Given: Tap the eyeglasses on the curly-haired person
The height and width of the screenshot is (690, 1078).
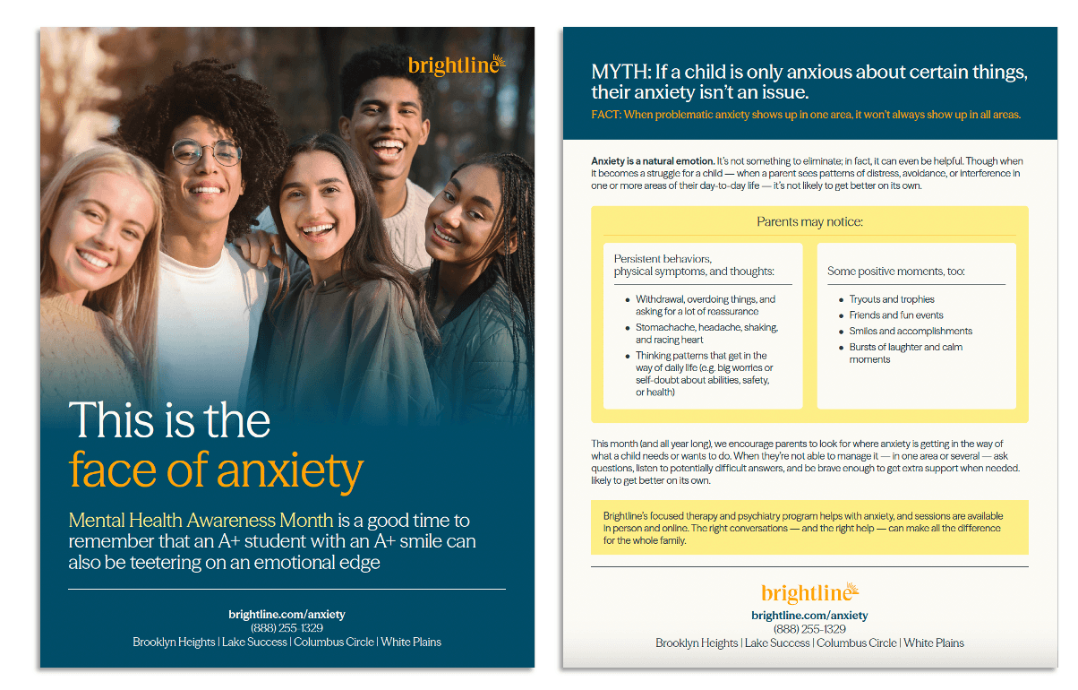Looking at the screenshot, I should pos(207,151).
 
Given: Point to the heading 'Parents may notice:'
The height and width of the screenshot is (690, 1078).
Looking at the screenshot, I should pos(809,221).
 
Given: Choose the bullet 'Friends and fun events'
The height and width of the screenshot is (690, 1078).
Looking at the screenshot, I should pos(896,315).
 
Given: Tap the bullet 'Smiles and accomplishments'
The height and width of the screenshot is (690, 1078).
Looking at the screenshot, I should pos(911,332).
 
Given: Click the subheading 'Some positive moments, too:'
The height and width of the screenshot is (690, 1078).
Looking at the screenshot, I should pos(896,272).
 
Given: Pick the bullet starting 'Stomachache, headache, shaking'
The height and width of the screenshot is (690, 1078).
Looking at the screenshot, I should pos(706,333).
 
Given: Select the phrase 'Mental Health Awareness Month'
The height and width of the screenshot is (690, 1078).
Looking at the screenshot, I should pos(201,521).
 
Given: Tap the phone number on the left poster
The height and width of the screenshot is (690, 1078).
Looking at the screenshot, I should pos(287,628).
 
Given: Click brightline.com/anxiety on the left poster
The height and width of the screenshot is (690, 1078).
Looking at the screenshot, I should pos(287,615).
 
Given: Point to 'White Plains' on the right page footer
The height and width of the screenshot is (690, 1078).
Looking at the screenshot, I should pos(934,643).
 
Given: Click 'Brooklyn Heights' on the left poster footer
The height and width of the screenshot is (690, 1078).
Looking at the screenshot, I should pos(174,642).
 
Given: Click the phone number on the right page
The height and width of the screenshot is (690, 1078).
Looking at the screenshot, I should pos(809,629).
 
